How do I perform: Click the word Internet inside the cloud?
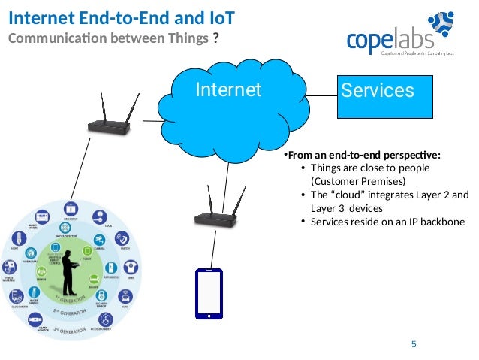click(228, 91)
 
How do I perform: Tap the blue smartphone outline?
click(209, 294)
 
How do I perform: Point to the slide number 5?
click(414, 344)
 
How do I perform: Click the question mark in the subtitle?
click(216, 39)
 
